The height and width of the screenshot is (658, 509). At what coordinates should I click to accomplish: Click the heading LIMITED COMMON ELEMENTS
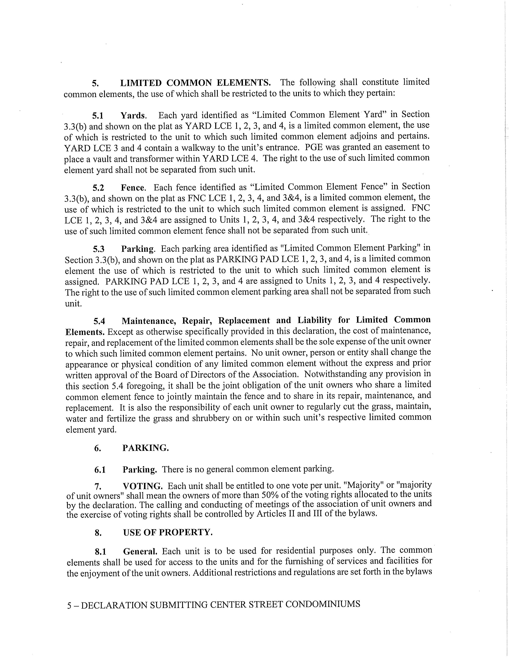point(195,83)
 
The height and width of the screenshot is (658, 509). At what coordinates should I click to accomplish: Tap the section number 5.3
point(99,249)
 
